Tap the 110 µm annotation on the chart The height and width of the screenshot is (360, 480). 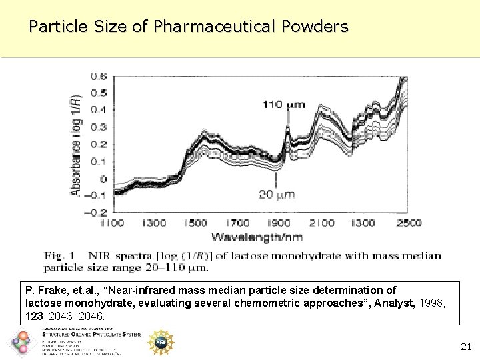click(x=283, y=104)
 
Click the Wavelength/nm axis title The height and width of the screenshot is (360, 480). click(x=257, y=237)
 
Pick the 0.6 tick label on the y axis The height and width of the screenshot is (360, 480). click(x=98, y=75)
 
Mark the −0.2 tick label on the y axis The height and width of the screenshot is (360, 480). click(x=95, y=213)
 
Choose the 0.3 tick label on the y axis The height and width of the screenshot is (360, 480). click(x=98, y=127)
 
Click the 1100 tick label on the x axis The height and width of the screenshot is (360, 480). click(x=112, y=223)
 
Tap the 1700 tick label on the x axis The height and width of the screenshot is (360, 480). click(x=237, y=223)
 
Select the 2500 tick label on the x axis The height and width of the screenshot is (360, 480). click(x=404, y=223)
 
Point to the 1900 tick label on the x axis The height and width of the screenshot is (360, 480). click(x=279, y=223)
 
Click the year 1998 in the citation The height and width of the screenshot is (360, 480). click(x=423, y=303)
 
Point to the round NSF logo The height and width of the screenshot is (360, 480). click(x=160, y=341)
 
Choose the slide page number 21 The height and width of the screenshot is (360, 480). click(x=466, y=347)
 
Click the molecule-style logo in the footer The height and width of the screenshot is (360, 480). click(x=21, y=343)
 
